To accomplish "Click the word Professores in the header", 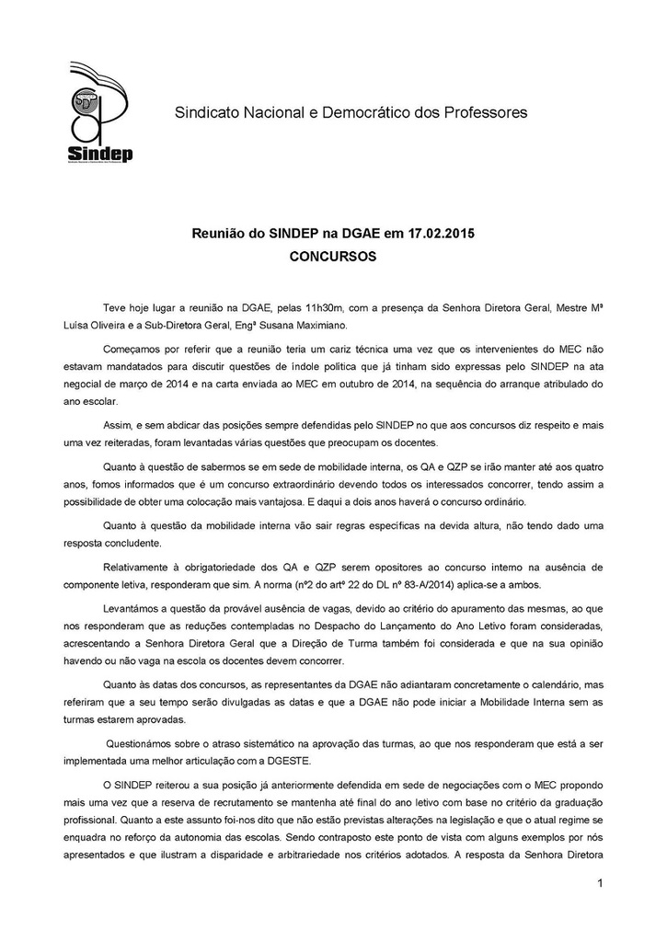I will tap(484, 113).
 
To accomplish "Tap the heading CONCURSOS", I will tap(332, 258).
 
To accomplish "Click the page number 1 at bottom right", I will tap(599, 885).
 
